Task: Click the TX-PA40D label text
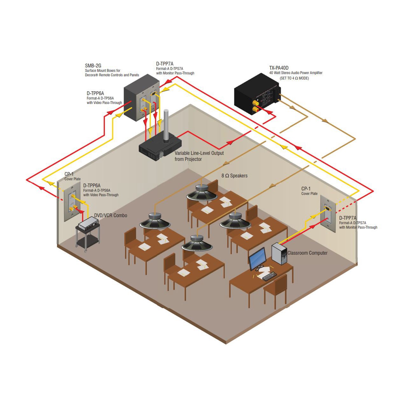tap(279, 68)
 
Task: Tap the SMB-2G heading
tap(93, 66)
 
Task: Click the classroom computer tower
tap(279, 253)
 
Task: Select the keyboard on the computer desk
tap(270, 276)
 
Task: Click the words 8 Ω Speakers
tap(234, 176)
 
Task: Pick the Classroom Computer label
tap(307, 253)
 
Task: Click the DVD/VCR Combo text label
tap(111, 216)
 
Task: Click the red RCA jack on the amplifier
tap(256, 109)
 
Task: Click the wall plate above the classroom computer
tap(328, 214)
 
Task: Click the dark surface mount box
tap(141, 97)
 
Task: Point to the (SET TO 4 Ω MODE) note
tap(294, 78)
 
